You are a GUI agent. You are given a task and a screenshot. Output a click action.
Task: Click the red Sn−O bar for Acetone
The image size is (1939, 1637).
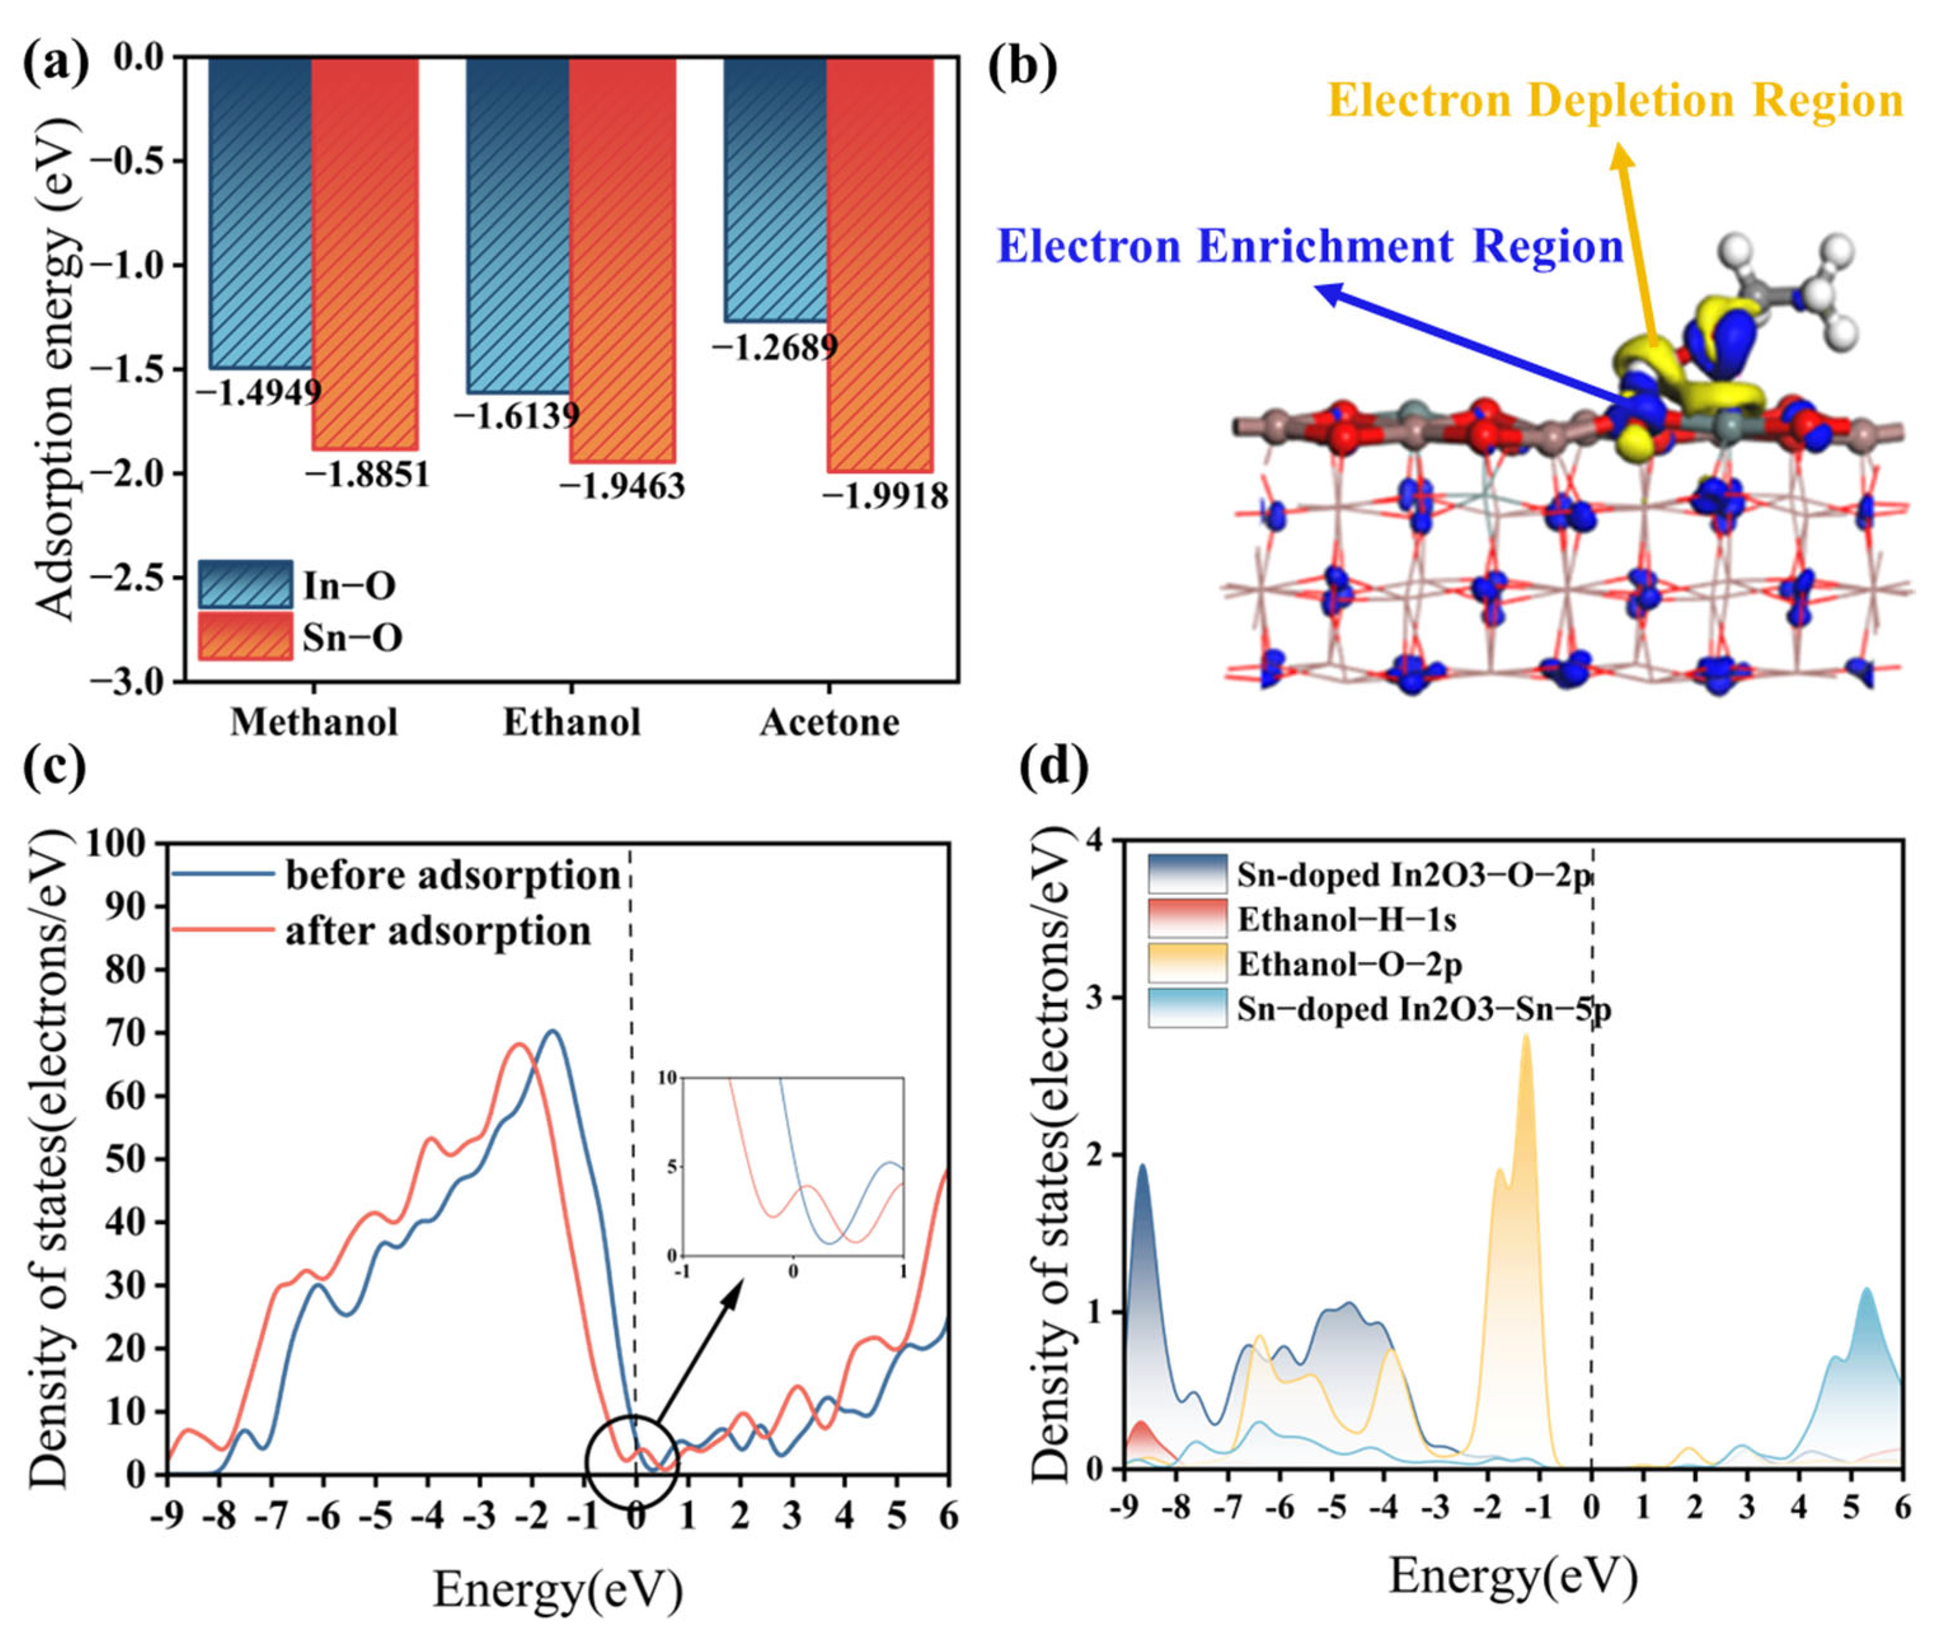879,264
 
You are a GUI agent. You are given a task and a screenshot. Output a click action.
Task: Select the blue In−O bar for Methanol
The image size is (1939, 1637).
260,214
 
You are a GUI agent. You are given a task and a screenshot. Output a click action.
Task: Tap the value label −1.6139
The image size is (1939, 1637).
516,415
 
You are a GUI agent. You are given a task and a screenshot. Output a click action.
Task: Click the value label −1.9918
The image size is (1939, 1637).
885,496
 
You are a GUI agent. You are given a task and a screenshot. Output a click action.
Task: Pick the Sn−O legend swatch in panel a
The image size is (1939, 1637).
245,637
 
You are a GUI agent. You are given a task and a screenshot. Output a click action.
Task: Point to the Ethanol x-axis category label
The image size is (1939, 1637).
572,722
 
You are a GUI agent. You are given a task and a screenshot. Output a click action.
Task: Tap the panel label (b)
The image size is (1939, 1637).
1022,67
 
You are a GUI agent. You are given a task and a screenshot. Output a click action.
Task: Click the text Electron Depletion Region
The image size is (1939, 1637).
1615,100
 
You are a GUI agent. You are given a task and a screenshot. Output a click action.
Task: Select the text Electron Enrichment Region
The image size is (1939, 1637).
1310,247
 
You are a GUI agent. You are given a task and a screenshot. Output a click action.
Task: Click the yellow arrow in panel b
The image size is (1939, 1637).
1637,250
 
